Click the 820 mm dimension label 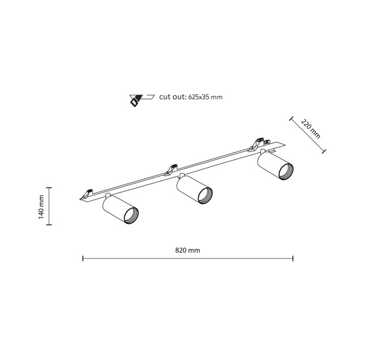coord(188,250)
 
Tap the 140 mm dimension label coord(41,207)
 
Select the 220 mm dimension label coord(311,129)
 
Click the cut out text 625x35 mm coord(190,97)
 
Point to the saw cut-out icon coord(141,100)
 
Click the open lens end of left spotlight coord(131,216)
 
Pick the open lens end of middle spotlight coord(205,195)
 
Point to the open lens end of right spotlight coord(286,172)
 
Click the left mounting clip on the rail coord(87,193)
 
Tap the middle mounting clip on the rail coord(171,169)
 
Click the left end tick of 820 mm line coord(83,258)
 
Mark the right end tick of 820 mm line coord(293,258)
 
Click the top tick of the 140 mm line coord(49,188)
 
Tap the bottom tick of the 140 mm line coord(49,225)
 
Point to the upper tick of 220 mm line coord(291,118)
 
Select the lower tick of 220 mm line coord(324,151)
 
